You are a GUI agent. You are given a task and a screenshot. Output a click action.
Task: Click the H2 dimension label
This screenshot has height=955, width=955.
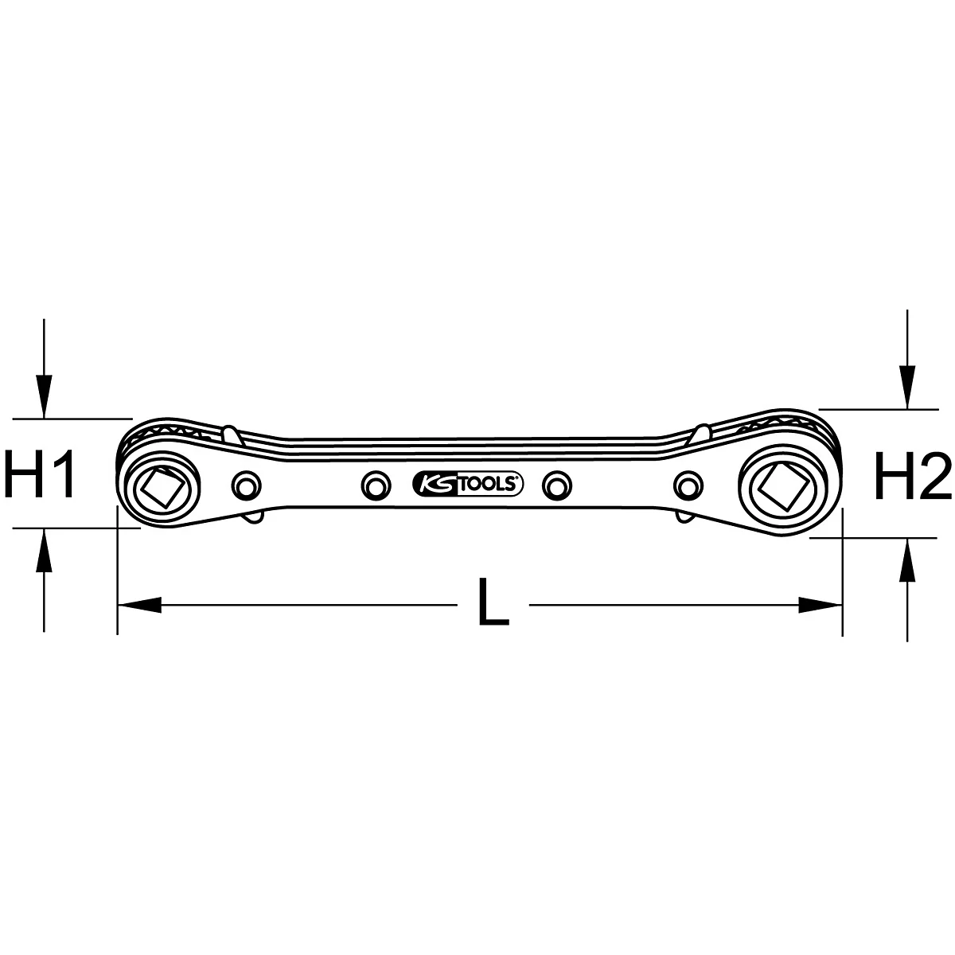(913, 476)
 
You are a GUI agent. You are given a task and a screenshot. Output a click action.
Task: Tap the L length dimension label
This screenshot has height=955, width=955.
(493, 601)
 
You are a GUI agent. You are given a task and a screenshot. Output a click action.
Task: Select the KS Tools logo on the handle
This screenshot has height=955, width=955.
(467, 484)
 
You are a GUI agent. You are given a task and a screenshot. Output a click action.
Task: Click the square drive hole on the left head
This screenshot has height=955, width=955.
(162, 488)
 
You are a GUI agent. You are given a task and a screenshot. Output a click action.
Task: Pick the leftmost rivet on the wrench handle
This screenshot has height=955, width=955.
(246, 485)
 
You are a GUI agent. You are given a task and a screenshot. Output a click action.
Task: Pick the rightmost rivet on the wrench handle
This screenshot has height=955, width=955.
(688, 485)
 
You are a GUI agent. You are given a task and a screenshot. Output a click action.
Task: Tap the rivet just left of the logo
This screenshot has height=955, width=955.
(376, 485)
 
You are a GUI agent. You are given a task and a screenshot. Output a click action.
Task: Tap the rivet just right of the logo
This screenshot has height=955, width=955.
(557, 485)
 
